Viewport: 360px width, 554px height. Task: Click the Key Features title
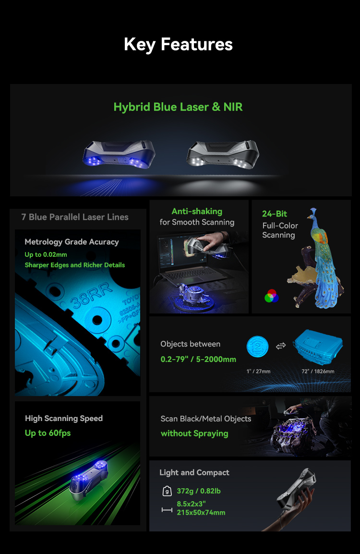[178, 44]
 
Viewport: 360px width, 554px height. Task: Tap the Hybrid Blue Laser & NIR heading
[178, 107]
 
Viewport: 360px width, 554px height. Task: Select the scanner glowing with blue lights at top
[120, 155]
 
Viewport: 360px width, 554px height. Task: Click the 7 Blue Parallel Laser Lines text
[75, 217]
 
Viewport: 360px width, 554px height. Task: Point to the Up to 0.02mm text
[46, 254]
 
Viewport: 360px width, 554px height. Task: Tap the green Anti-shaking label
[197, 211]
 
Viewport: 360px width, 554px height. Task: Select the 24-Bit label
[275, 214]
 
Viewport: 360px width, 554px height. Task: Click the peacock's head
[313, 212]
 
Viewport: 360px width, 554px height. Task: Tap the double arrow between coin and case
[281, 346]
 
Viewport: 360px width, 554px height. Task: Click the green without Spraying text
[194, 434]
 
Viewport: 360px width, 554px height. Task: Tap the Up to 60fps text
[48, 433]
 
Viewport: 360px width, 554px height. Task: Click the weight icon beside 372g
[167, 491]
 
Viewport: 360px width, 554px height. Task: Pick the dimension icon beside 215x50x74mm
[167, 509]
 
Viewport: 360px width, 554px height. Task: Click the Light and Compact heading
[194, 472]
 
